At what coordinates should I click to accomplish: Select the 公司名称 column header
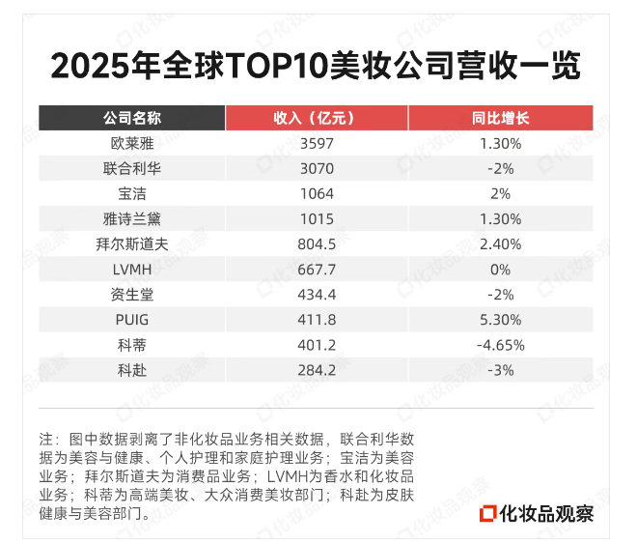[132, 118]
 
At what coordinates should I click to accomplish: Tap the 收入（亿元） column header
[317, 118]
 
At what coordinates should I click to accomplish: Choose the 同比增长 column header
[500, 118]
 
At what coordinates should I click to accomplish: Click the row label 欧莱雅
[132, 143]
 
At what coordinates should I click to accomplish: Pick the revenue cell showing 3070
[317, 168]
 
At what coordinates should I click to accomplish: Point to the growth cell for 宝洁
[500, 193]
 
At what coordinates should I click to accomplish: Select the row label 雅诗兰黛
[132, 218]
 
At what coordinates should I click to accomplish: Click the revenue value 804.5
[317, 243]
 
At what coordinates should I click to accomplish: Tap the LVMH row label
[132, 269]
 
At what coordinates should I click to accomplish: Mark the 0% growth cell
[500, 269]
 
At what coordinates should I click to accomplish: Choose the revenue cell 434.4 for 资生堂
[317, 294]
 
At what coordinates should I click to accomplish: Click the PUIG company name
[132, 319]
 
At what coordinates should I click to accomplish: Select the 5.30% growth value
[500, 319]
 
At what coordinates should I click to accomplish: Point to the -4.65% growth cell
[500, 344]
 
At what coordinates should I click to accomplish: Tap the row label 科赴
[132, 369]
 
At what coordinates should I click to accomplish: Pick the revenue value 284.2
[317, 369]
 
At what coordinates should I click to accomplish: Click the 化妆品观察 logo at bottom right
[538, 512]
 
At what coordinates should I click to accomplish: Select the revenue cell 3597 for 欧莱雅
[317, 143]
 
